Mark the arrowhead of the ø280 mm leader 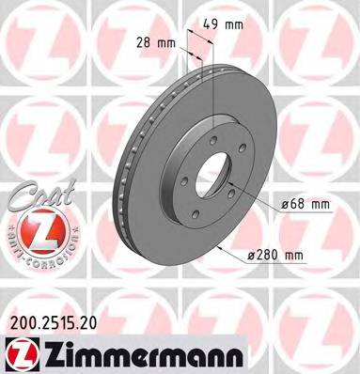pyautogui.click(x=218, y=246)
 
